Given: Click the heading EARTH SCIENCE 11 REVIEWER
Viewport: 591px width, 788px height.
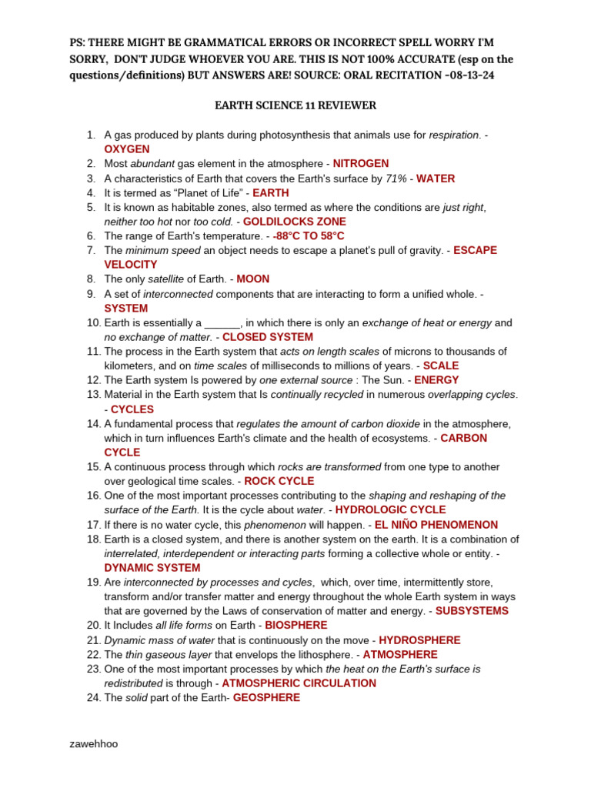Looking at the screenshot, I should click(x=295, y=105).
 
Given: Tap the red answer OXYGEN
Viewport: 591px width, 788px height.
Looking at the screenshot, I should click(x=127, y=149).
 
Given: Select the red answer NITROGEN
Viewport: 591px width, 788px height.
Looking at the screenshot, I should click(x=361, y=164).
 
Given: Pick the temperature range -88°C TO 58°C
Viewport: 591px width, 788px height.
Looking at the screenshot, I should click(x=309, y=236).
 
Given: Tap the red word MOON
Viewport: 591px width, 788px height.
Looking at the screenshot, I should click(x=253, y=279).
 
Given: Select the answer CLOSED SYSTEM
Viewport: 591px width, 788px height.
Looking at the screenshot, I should click(x=268, y=337).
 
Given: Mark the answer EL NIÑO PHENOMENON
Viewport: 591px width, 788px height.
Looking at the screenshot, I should click(x=436, y=525).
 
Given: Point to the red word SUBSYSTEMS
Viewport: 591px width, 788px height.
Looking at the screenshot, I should click(x=472, y=611).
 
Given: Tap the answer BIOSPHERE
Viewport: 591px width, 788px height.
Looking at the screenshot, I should click(x=296, y=626).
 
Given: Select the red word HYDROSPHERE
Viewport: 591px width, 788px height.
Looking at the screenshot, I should click(x=420, y=640).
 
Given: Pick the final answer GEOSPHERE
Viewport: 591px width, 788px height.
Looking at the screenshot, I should click(x=266, y=698).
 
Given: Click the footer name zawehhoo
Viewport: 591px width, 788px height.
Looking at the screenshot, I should click(x=94, y=744).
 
